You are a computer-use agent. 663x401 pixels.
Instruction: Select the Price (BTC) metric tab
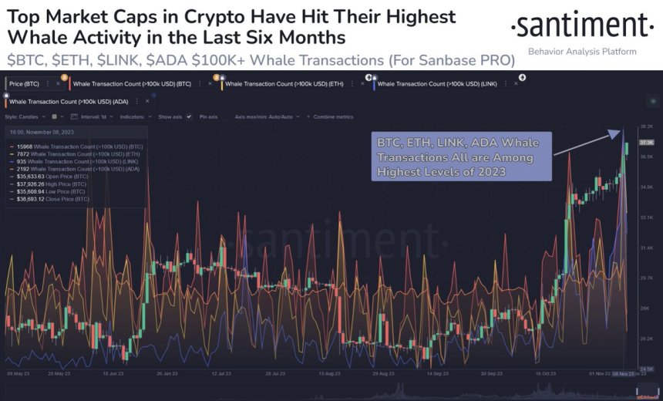coord(25,83)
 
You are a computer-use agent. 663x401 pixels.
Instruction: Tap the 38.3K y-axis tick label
coord(646,126)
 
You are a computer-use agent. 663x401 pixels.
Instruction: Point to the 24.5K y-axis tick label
coord(646,369)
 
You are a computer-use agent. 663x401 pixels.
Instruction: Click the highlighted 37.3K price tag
coord(646,142)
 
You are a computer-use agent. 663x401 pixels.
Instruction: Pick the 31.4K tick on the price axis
coord(646,248)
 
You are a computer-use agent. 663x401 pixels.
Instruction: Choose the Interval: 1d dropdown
coord(93,116)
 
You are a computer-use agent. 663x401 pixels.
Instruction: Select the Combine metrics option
coord(333,116)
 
